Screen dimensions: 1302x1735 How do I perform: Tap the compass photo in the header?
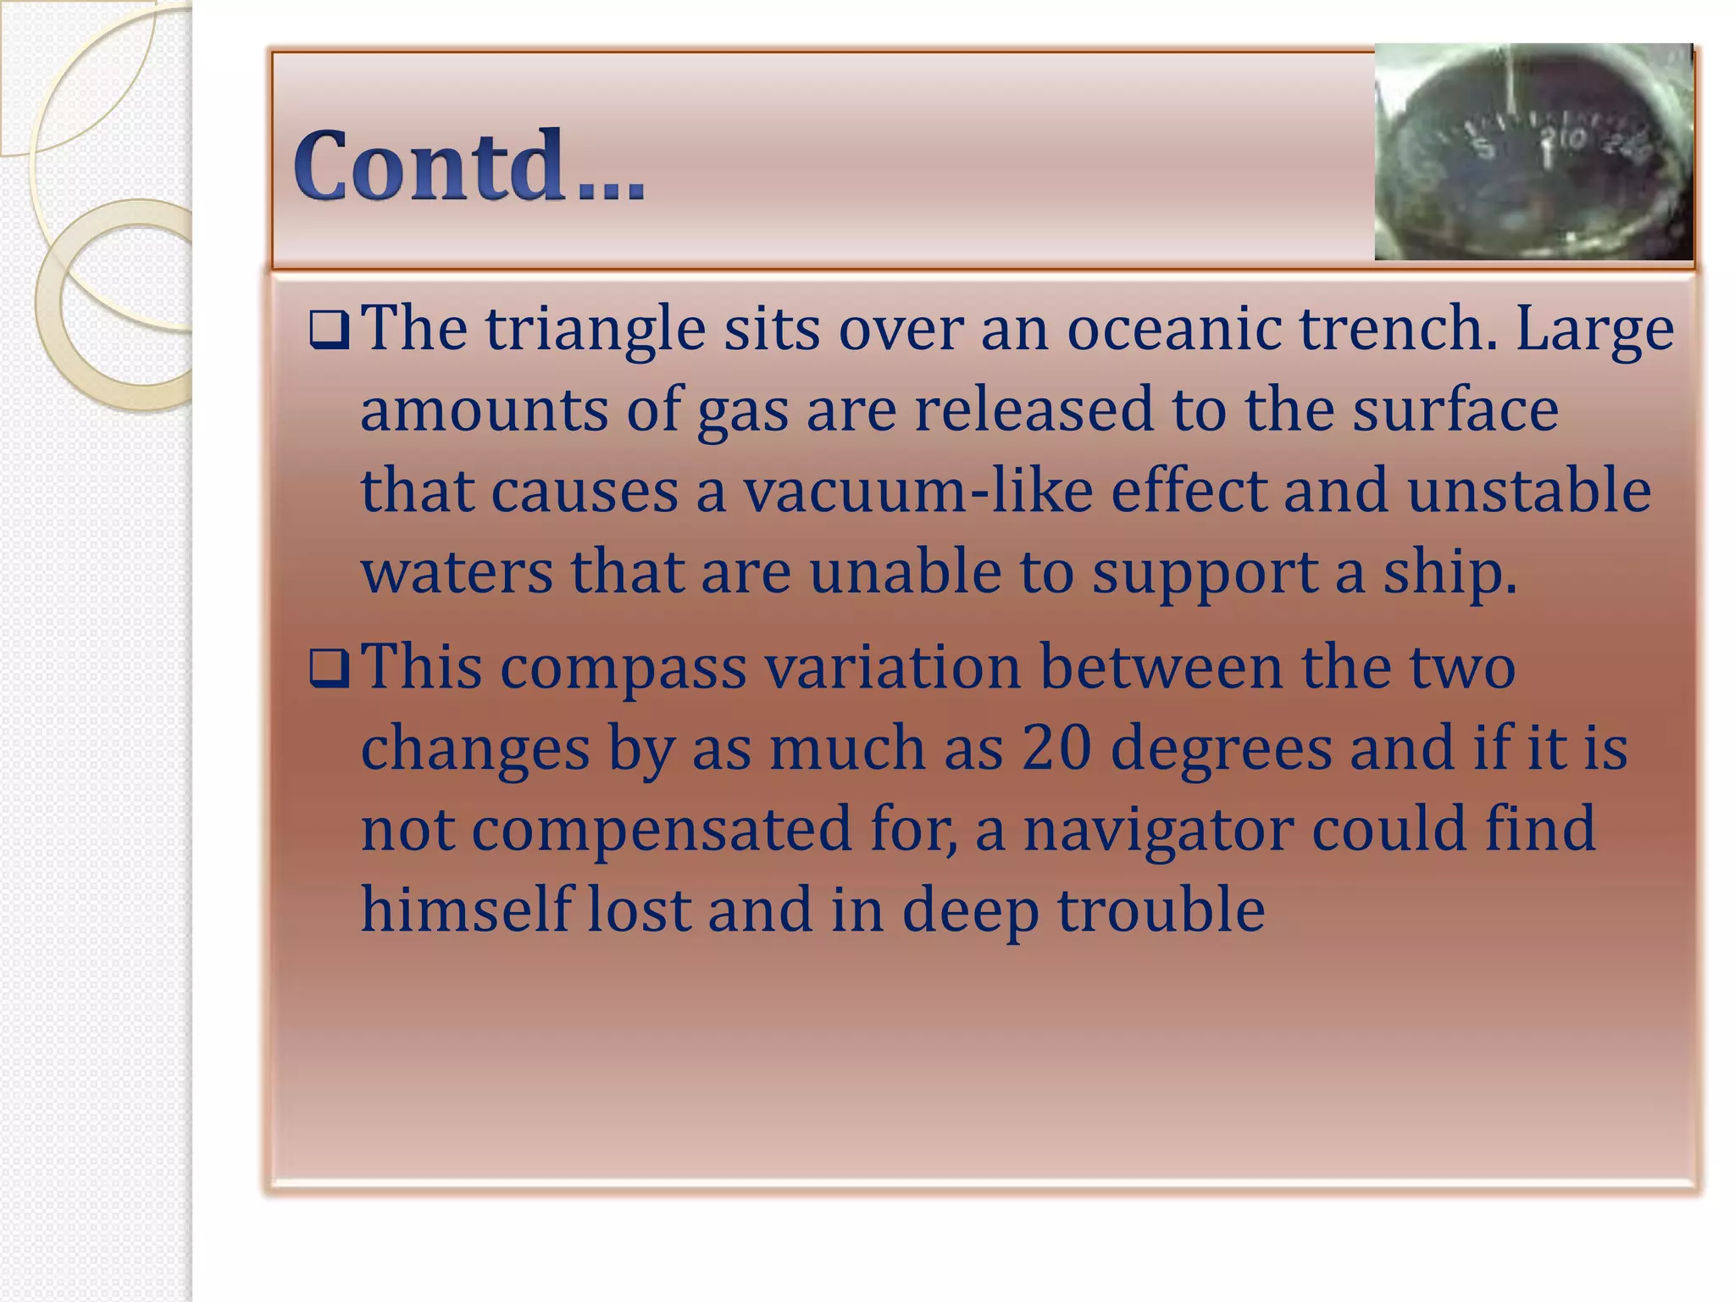coord(1533,153)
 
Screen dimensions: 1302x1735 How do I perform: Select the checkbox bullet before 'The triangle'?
coord(329,330)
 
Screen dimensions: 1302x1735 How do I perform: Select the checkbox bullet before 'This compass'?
coord(329,669)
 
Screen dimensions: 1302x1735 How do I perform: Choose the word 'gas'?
coord(742,411)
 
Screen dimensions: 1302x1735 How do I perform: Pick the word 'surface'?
coord(1455,409)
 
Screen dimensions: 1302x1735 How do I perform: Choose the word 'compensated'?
coord(661,830)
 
